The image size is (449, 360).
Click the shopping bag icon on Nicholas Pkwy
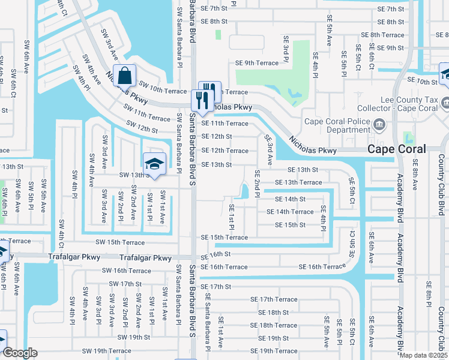[x=124, y=77]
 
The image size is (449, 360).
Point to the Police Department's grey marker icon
[x=379, y=125]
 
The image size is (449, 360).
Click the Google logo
[x=20, y=353]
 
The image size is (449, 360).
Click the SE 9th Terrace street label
[x=257, y=63]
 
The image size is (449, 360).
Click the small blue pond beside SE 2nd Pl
[x=244, y=192]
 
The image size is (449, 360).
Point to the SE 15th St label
[x=290, y=225]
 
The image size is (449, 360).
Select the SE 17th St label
[x=216, y=287]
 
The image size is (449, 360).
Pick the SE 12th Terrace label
[x=224, y=151]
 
